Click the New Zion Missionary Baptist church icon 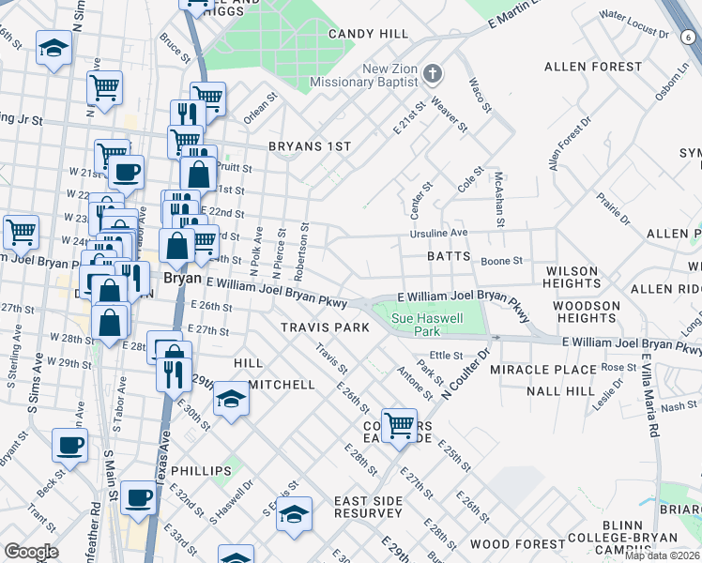(433, 72)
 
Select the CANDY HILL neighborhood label (368, 34)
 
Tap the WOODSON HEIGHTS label (587, 312)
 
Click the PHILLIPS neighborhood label (201, 471)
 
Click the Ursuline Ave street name (436, 233)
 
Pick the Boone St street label (500, 261)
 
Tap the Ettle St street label (446, 356)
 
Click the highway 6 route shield (690, 36)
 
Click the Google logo (30, 552)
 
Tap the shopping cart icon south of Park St (399, 424)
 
